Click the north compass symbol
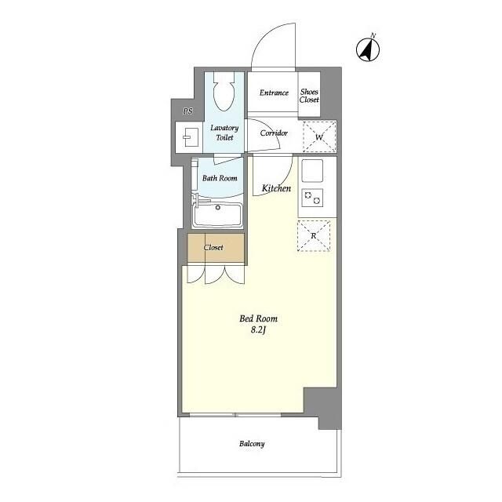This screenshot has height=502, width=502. coord(368,49)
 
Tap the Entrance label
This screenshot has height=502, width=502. coord(274,93)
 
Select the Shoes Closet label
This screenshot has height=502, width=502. coord(309,96)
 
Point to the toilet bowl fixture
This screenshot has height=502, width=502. coord(224,92)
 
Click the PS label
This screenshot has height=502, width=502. coord(188,111)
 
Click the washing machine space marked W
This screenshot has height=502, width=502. coord(319,136)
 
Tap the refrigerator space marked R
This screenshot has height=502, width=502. coord(314,235)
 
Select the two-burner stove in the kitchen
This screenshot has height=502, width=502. coord(312,198)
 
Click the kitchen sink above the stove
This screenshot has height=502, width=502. coord(312,171)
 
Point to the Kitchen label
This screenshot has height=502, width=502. coord(276,188)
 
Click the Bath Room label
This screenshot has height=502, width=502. coord(220,178)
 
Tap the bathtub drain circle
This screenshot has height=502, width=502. coord(218,207)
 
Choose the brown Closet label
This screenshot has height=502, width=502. coord(213,248)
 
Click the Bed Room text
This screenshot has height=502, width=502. coord(258,318)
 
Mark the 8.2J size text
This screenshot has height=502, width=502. coord(258,330)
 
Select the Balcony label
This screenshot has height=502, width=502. coord(252,444)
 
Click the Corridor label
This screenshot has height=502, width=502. coord(274,133)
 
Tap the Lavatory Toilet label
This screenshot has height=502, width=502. coord(224,133)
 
